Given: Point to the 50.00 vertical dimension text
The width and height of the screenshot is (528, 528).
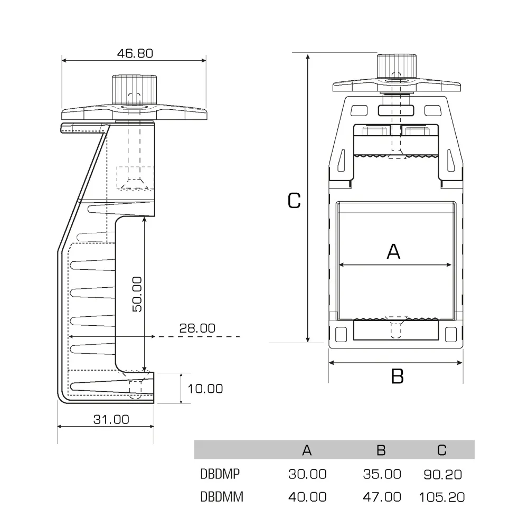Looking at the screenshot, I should tap(137, 294).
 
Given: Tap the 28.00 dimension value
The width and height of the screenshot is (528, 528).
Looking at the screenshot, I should tap(197, 328).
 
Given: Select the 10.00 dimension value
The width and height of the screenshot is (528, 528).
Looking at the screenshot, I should tap(205, 389).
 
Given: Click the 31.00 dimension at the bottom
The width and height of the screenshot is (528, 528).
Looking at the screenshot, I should tap(111, 419).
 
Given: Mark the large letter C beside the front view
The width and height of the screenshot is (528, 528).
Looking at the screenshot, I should tap(294, 200).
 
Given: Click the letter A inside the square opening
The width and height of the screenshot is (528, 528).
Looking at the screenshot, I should tap(394, 252).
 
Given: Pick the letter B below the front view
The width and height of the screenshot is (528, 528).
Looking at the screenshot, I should tap(397, 376).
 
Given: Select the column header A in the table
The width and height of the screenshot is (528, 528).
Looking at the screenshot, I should tap(307, 450).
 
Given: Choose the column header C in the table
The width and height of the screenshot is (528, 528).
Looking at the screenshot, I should tap(442, 450).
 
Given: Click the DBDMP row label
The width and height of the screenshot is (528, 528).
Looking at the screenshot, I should tap(220, 474).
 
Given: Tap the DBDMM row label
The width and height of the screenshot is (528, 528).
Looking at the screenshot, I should tap(222, 497).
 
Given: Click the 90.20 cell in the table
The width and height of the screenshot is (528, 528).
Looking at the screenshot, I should tap(442, 474).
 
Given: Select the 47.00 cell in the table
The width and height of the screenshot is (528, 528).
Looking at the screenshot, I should tap(382, 497).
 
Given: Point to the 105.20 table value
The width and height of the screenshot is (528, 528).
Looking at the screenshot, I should tap(441, 497).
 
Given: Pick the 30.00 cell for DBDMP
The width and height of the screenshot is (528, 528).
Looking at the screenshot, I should tap(307, 474).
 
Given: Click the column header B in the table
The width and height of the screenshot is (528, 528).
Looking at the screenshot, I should tap(381, 450).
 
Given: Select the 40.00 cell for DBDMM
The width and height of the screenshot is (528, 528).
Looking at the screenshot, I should tap(307, 497).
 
